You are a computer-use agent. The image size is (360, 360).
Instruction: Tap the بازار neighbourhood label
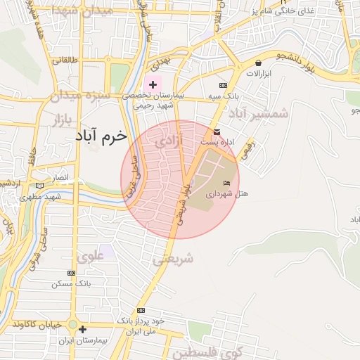[x=63, y=120]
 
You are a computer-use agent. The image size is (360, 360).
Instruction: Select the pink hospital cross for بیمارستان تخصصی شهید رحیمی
[x=153, y=84]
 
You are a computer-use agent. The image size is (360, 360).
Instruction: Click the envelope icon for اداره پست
[x=217, y=132]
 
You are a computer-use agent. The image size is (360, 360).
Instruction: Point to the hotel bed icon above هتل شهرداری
[x=226, y=183]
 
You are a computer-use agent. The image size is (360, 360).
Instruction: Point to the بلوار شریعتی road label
[x=181, y=204]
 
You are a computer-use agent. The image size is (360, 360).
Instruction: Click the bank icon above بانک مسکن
[x=71, y=273]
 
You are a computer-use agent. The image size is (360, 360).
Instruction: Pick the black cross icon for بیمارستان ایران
[x=83, y=329]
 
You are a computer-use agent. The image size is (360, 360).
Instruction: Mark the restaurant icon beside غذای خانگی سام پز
[x=286, y=11]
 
